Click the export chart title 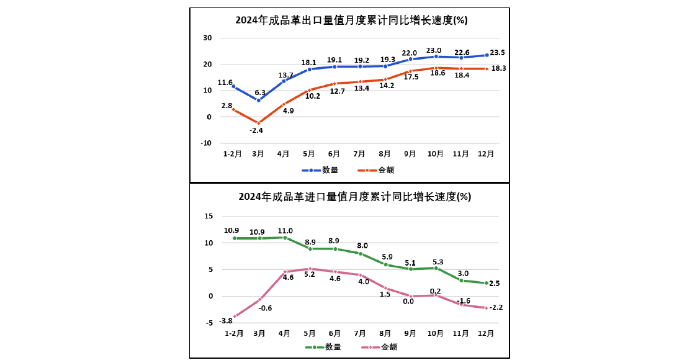point(351,20)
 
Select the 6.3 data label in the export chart point(259,92)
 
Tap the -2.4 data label point(257,131)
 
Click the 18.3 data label point(498,68)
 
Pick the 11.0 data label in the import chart point(285,230)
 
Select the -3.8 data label point(226,320)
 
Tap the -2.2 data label point(496,307)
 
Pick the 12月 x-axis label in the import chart point(487,333)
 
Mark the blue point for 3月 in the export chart point(259,100)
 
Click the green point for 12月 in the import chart point(487,283)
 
